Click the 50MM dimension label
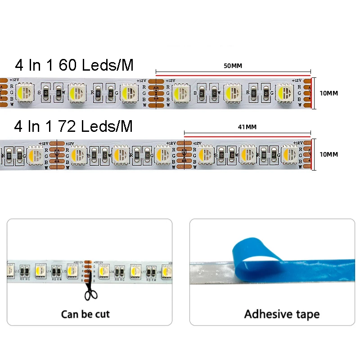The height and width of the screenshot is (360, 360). (x=233, y=66)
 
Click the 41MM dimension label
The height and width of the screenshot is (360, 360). (x=247, y=127)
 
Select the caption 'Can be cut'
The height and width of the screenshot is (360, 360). (x=85, y=314)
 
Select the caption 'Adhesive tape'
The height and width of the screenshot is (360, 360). (x=282, y=314)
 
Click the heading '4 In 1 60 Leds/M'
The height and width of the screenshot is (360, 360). (x=74, y=65)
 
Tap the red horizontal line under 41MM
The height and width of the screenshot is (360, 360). (x=247, y=134)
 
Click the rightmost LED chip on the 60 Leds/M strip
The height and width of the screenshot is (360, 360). (x=284, y=93)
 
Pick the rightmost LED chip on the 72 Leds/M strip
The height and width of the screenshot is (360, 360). (x=289, y=154)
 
